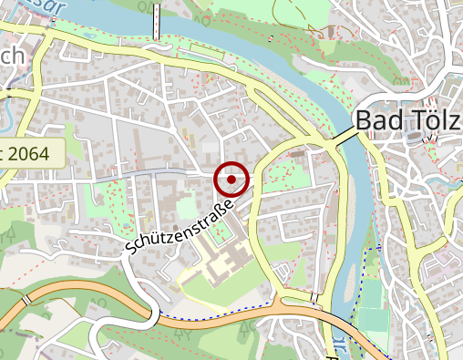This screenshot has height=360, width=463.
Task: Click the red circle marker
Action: click(x=231, y=180)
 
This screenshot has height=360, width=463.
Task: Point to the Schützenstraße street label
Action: click(x=180, y=229)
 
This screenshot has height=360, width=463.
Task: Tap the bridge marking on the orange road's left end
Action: click(x=27, y=298)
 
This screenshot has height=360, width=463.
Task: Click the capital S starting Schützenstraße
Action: click(x=131, y=248)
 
